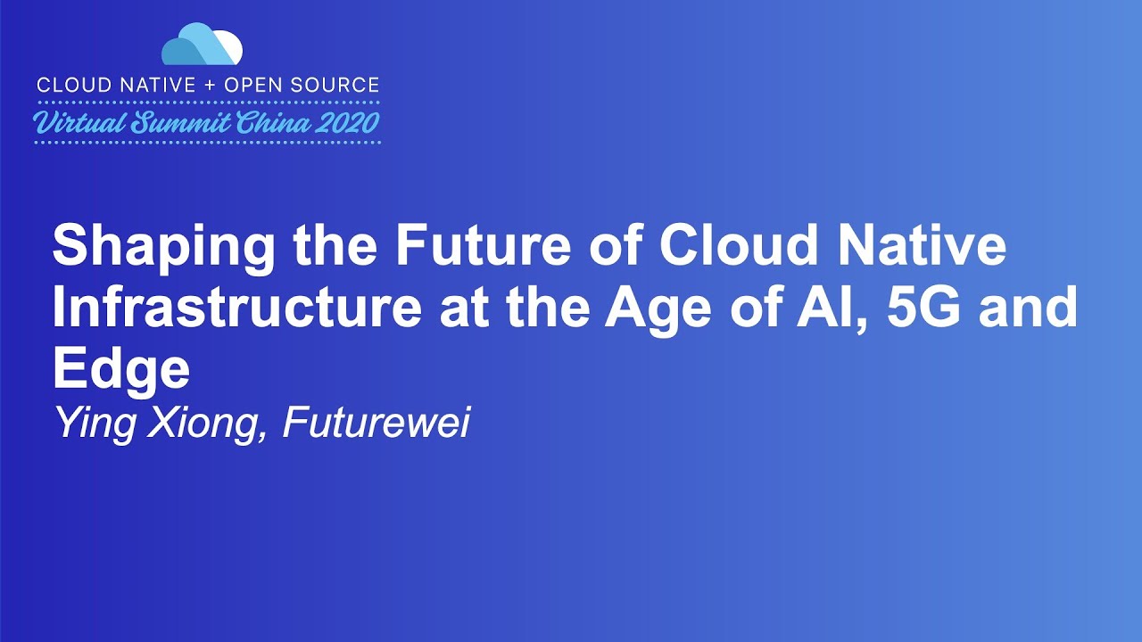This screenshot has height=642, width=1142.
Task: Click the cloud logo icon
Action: [203, 45]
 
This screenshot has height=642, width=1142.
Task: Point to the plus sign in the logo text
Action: [210, 86]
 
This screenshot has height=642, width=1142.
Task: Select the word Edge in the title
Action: [120, 369]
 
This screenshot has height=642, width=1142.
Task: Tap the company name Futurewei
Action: [376, 423]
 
